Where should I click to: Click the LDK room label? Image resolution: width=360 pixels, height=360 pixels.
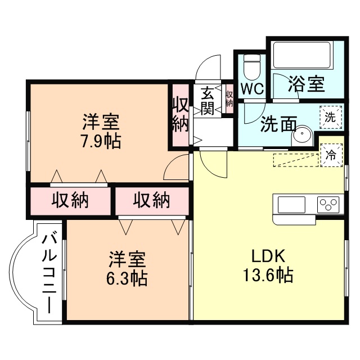point(269,256)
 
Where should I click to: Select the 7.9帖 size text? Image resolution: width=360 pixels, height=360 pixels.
point(101,141)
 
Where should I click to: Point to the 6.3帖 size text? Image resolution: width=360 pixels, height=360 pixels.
point(128,278)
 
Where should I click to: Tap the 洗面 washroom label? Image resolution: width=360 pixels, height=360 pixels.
point(278,124)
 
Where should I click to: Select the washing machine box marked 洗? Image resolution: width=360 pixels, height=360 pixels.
point(331,118)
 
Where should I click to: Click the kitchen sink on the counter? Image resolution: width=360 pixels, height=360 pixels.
point(291,204)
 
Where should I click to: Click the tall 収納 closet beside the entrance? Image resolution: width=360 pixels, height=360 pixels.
point(180,115)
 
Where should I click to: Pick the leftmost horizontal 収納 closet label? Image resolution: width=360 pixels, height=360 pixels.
point(71,200)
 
